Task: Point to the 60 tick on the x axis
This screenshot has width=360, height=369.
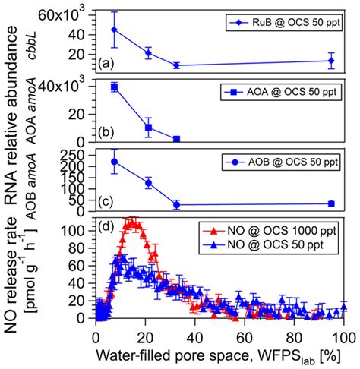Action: point(245,336)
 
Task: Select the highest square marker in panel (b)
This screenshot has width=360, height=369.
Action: point(114,87)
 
